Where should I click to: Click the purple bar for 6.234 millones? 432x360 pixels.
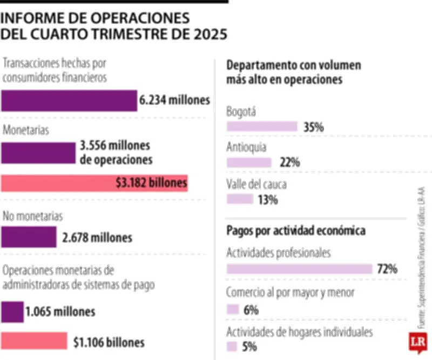pos(69,101)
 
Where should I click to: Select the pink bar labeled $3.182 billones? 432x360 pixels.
pos(94,183)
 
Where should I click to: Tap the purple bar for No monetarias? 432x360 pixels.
pos(29,237)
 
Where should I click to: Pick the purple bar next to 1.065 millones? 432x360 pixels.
pos(12,312)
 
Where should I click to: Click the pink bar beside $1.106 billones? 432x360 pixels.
pos(34,342)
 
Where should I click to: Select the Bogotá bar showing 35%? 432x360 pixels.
pos(262,126)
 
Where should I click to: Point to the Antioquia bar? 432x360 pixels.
pos(249,162)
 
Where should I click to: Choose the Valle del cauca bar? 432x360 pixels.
pos(240,199)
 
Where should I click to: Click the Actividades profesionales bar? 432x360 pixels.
pos(300,269)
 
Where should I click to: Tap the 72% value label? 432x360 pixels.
pos(387,269)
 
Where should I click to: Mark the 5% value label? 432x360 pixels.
pos(249,346)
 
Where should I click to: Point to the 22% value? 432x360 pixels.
pos(289,162)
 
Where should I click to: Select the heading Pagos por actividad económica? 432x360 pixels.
pos(296,231)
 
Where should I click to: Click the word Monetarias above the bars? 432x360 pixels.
pos(26,130)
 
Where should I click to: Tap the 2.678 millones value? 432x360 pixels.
pos(98,237)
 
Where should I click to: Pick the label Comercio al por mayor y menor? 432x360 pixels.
pos(290,292)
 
